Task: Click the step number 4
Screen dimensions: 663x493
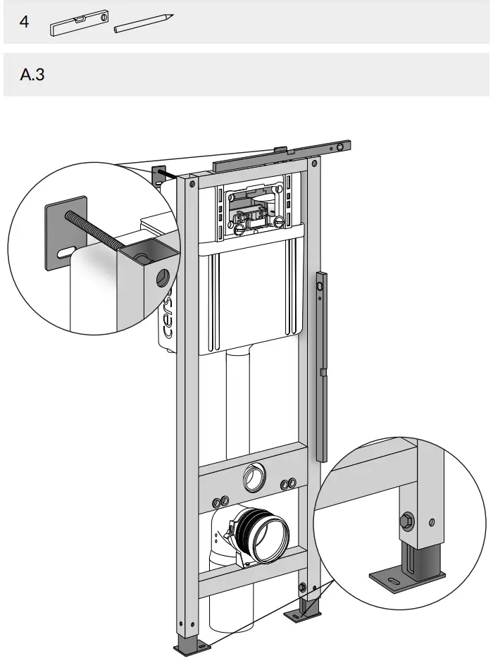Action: click(25, 22)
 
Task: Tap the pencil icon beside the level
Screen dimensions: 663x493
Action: click(142, 22)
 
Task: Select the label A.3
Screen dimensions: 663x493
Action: click(32, 74)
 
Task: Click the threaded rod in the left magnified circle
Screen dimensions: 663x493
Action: click(95, 229)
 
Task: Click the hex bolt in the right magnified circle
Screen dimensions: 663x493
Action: click(407, 522)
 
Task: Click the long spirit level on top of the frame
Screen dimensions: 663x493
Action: click(282, 156)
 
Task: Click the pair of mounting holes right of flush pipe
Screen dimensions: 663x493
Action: click(287, 484)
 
